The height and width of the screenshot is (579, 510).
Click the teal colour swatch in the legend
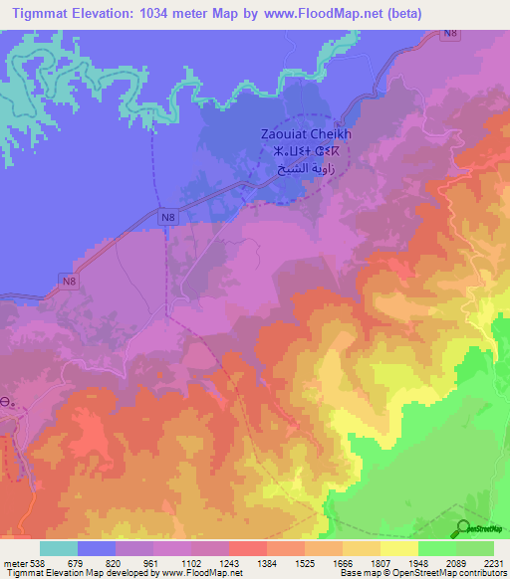pos(59,548)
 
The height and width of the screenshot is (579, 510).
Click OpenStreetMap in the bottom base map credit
pos(429,573)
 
